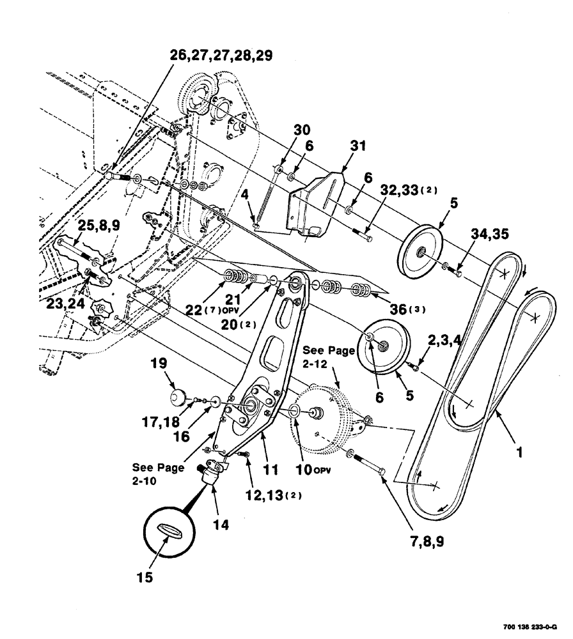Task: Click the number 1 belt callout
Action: tap(520, 452)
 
